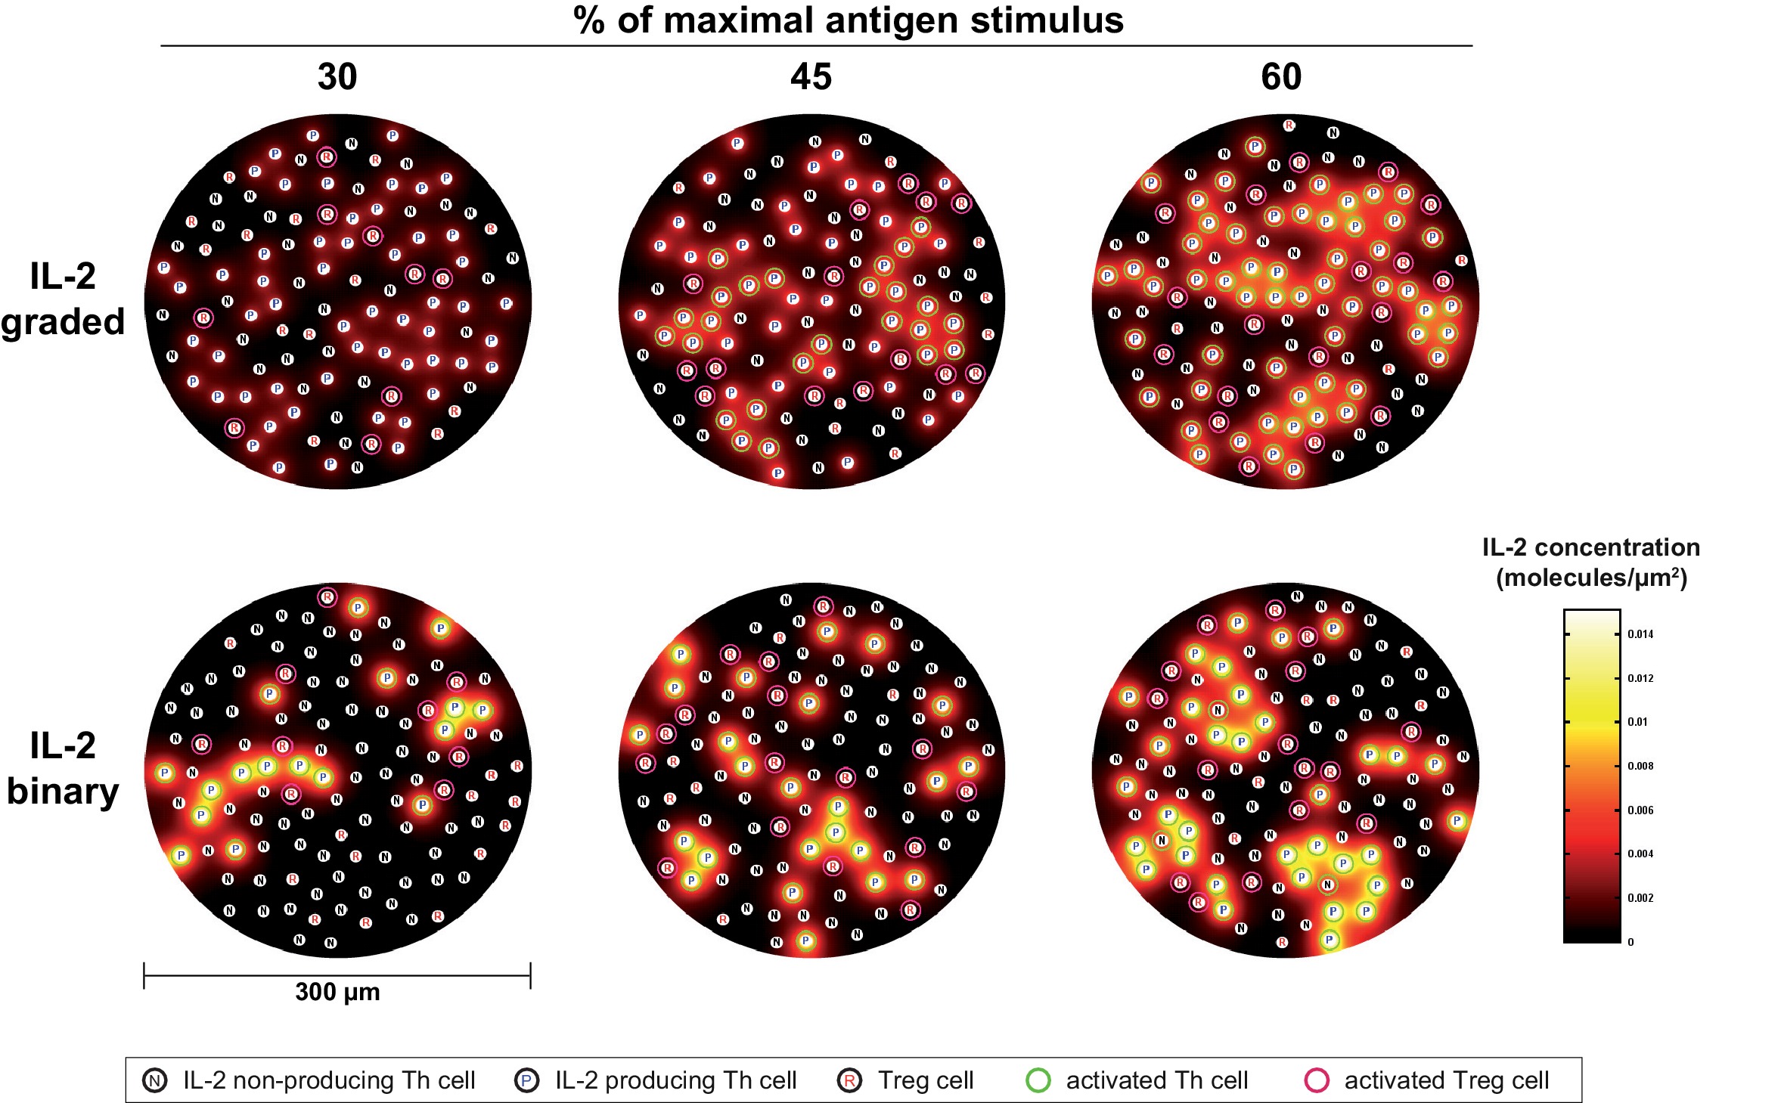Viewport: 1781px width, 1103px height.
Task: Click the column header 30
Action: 337,77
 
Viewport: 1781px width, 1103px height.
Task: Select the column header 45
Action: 811,77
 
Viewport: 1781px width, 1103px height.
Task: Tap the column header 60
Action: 1281,77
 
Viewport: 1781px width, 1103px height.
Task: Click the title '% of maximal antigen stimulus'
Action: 849,20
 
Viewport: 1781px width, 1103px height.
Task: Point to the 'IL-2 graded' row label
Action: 63,299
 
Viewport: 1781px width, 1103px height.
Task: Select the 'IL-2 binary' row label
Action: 63,769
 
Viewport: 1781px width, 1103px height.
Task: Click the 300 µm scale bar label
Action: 337,992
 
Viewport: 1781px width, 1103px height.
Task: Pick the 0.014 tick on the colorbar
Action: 1640,634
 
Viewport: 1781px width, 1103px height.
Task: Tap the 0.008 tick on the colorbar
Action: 1640,766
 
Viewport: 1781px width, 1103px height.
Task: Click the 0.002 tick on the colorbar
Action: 1640,898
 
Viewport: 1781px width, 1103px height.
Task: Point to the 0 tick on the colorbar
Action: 1631,942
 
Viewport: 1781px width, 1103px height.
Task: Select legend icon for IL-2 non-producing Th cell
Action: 155,1080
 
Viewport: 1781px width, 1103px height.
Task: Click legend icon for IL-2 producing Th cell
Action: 527,1080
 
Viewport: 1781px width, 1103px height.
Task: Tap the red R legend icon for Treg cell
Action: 850,1080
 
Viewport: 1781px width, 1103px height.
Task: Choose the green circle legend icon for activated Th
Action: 1038,1080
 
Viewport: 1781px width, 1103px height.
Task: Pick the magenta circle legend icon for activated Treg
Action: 1317,1080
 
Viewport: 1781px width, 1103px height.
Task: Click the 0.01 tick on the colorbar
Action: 1637,722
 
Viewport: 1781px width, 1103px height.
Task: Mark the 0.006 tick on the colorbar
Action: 1640,810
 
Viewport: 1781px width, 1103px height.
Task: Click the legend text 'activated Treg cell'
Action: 1446,1080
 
